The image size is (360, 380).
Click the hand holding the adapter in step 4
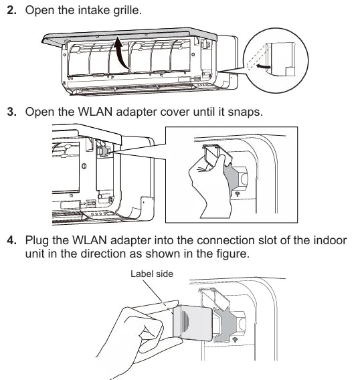pyautogui.click(x=134, y=335)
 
